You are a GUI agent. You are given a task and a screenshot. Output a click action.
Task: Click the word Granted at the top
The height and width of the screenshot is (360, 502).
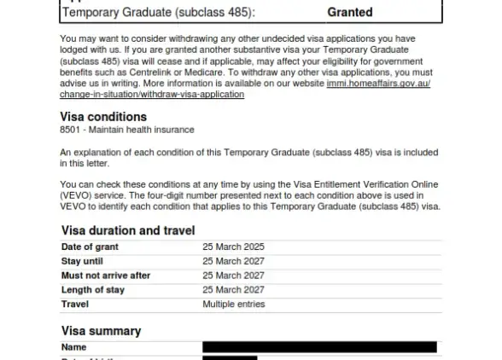pyautogui.click(x=350, y=13)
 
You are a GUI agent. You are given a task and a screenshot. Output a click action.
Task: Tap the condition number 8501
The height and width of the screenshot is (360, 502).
pyautogui.click(x=72, y=130)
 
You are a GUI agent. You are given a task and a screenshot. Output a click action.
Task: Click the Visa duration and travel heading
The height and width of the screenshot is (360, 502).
pyautogui.click(x=128, y=230)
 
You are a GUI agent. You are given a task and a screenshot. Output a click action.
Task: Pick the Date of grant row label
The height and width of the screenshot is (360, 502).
pyautogui.click(x=90, y=247)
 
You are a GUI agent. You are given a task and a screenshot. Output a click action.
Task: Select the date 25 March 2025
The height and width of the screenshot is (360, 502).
pyautogui.click(x=233, y=247)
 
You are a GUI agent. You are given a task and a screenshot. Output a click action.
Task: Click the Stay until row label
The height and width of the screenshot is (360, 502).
pyautogui.click(x=82, y=261)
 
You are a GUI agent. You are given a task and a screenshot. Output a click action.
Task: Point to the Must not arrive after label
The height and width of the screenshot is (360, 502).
pyautogui.click(x=106, y=276)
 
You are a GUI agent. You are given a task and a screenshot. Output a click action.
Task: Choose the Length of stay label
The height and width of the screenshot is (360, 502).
pyautogui.click(x=93, y=290)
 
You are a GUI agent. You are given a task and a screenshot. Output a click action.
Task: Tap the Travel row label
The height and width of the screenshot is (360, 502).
pyautogui.click(x=74, y=305)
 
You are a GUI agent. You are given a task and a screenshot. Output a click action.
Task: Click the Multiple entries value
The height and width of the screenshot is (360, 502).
pyautogui.click(x=235, y=305)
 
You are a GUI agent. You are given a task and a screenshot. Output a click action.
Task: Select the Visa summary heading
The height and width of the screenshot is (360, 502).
pyautogui.click(x=101, y=331)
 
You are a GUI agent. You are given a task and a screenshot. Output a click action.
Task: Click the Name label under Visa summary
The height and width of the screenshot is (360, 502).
pyautogui.click(x=74, y=347)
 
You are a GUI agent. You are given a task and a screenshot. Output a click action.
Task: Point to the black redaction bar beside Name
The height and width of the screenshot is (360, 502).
pyautogui.click(x=319, y=347)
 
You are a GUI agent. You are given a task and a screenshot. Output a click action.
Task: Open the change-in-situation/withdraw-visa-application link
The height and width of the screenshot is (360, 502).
pyautogui.click(x=152, y=94)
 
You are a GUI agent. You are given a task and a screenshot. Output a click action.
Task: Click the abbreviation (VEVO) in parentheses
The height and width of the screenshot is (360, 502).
pyautogui.click(x=78, y=195)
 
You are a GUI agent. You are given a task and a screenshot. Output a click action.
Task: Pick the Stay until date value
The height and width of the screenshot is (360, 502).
pyautogui.click(x=233, y=261)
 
